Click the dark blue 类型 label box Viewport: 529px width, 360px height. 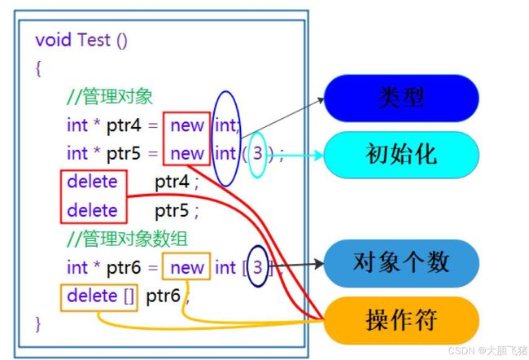401,98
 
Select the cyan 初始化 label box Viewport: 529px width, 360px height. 401,155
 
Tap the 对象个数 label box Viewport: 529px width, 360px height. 401,263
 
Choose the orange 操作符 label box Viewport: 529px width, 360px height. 401,320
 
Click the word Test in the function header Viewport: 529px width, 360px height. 94,40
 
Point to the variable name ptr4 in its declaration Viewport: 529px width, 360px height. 124,126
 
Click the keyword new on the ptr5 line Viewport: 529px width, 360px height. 187,154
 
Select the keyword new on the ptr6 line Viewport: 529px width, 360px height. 187,268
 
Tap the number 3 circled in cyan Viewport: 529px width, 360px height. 257,154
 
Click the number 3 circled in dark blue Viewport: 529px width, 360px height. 257,267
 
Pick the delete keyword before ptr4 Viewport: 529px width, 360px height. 92,182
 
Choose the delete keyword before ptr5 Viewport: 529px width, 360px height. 92,210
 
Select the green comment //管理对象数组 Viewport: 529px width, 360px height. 127,239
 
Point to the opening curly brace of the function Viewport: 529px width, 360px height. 38,68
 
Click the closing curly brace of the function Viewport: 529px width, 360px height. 37,324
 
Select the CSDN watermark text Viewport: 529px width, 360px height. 487,350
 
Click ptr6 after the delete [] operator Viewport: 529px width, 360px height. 164,296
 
